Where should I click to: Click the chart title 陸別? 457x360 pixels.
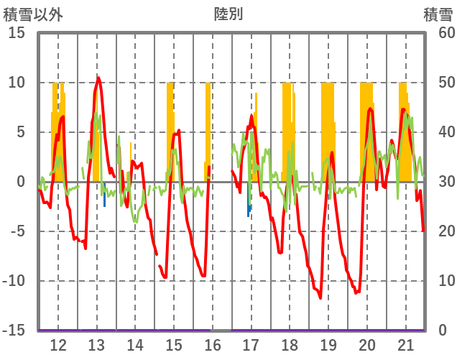point(228,14)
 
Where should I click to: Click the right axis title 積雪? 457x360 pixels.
point(437,14)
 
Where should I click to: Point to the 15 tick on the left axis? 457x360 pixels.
point(17,33)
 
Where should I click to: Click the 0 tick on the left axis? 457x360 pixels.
point(21,182)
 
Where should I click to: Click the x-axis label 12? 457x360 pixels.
point(58,345)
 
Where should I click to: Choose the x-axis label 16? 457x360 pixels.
point(213,345)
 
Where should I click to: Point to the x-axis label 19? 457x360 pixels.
point(328,345)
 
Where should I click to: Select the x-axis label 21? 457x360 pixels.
point(406,345)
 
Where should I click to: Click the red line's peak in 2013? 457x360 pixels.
point(98,78)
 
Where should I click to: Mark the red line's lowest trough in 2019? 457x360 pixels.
point(320,297)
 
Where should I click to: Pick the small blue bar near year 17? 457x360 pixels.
point(249,208)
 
